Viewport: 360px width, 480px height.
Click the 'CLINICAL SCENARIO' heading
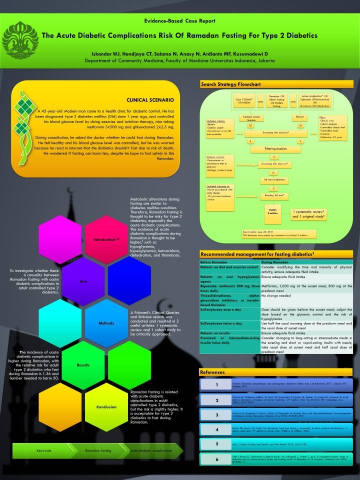150,100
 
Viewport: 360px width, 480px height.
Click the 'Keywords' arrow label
44,450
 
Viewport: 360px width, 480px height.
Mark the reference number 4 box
216,429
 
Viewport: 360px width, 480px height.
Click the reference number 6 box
216,459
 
